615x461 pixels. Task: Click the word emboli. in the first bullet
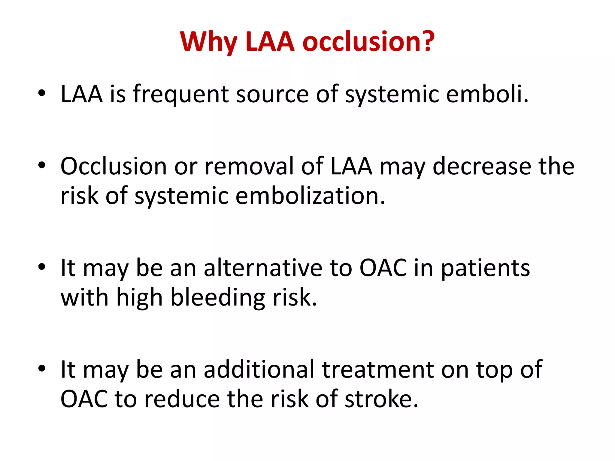coord(487,94)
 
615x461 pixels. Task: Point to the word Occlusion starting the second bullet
coord(114,166)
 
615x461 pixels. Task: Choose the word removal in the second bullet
coord(249,166)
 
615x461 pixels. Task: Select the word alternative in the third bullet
coord(263,268)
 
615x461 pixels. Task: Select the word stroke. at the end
coord(381,399)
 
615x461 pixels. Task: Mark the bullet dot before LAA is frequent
coord(42,93)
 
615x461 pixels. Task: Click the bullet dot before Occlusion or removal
coord(42,165)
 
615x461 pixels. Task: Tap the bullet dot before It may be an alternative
coord(42,267)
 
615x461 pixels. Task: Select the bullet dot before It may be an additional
coord(42,369)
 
